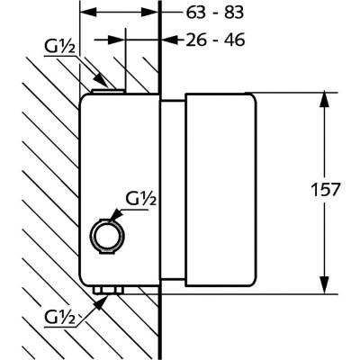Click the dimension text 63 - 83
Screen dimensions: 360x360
[214, 13]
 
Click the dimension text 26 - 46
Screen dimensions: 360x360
[215, 40]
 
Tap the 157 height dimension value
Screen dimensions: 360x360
[326, 190]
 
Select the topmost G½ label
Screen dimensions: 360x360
[59, 47]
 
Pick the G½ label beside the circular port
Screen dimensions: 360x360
[141, 198]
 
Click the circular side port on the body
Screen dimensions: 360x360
[108, 236]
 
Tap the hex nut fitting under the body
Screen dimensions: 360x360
[108, 290]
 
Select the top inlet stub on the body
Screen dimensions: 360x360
[108, 91]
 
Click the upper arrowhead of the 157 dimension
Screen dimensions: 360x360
[324, 101]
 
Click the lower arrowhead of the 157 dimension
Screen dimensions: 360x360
[324, 285]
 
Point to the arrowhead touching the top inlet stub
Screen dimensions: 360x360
[100, 80]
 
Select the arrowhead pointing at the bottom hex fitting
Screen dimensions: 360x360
[102, 302]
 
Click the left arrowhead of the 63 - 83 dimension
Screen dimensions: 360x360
[89, 13]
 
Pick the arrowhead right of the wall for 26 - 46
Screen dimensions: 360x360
[170, 40]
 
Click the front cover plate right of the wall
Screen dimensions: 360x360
[220, 190]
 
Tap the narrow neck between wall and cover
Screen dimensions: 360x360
[173, 190]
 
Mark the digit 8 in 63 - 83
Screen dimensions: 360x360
[227, 13]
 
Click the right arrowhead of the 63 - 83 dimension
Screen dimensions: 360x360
[149, 13]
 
